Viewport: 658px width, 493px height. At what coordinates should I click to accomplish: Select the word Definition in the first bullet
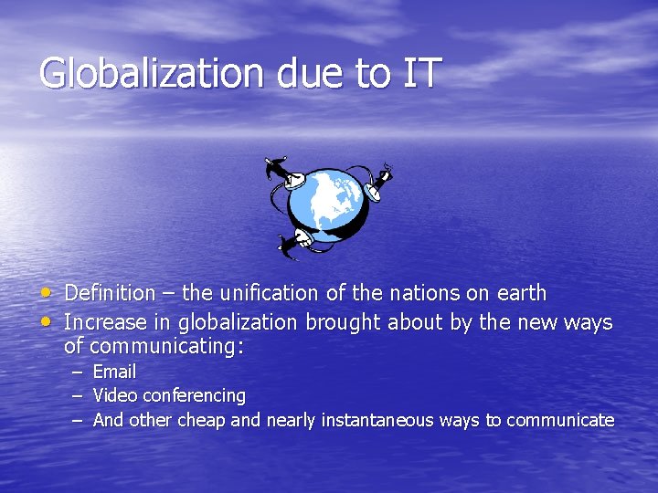click(111, 294)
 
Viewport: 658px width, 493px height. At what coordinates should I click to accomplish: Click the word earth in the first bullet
click(522, 294)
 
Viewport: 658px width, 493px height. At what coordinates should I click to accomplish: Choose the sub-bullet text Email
click(114, 372)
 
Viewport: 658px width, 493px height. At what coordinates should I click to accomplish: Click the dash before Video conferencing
click(77, 396)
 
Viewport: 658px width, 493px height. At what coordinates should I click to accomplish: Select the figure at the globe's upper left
click(282, 173)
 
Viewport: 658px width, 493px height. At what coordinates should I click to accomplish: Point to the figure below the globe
click(298, 241)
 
